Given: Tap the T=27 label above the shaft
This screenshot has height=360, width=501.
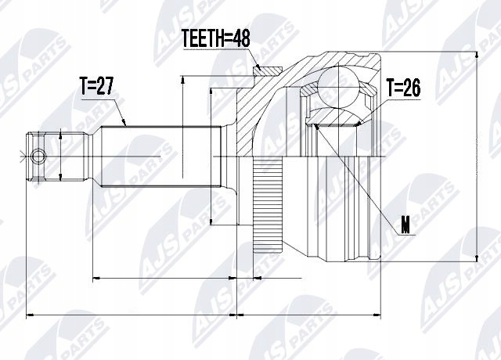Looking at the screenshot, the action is (x=96, y=87).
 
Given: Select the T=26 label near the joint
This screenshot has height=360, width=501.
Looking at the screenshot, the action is (x=403, y=88).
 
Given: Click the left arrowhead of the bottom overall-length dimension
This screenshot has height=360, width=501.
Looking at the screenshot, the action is (x=31, y=316).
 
